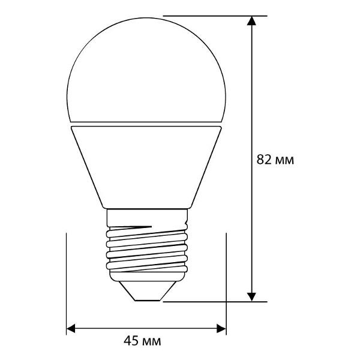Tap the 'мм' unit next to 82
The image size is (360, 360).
tap(284, 160)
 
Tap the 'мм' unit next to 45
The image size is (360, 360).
tap(152, 342)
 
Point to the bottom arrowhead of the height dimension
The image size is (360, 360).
tap(253, 295)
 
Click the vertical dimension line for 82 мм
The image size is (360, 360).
tap(253, 90)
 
